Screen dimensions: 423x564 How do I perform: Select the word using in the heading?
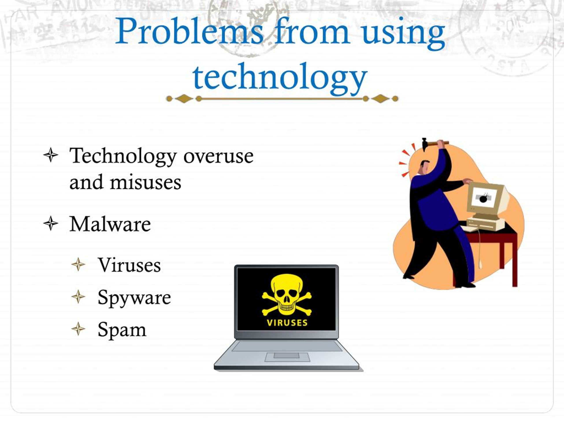(403, 33)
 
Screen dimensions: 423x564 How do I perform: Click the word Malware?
(110, 224)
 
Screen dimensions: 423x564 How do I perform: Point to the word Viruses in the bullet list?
(129, 265)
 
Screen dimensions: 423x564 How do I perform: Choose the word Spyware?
(134, 298)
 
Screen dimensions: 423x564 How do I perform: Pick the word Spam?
(122, 330)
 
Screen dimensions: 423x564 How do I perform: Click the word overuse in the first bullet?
(218, 156)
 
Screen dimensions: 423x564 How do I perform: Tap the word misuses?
(145, 183)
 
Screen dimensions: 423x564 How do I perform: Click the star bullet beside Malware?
(51, 223)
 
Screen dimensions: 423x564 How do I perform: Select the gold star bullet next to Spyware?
(78, 297)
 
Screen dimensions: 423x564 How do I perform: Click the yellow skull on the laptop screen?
(287, 294)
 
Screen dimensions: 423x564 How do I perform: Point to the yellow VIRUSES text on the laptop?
(287, 323)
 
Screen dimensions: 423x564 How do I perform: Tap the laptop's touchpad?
(286, 355)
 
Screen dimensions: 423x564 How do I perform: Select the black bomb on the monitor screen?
(483, 199)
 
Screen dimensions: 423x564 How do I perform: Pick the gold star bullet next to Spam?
(78, 329)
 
